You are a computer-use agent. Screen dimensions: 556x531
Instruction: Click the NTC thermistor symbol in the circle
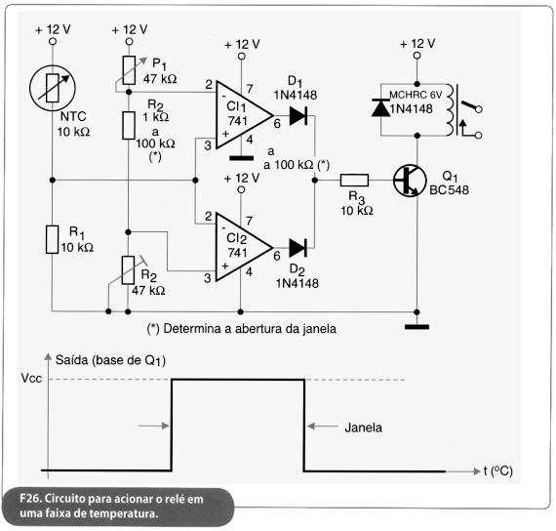click(x=53, y=88)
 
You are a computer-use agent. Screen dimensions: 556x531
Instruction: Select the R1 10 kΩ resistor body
click(x=52, y=239)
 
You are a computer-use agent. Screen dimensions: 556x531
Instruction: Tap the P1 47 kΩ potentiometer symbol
click(x=129, y=70)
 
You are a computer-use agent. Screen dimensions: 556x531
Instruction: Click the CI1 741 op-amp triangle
click(x=244, y=115)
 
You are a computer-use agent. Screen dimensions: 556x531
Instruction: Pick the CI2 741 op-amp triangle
click(x=244, y=247)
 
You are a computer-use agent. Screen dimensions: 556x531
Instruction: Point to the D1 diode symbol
click(x=298, y=116)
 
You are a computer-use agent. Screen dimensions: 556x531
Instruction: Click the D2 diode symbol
click(x=298, y=248)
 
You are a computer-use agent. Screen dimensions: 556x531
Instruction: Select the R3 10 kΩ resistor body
click(x=354, y=181)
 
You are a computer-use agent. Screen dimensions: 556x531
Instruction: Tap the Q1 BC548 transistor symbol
click(x=410, y=181)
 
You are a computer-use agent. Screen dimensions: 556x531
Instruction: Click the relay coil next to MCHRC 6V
click(x=450, y=109)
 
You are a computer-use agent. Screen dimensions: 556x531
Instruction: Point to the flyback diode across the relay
click(x=381, y=108)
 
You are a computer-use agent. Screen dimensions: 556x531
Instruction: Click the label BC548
click(x=449, y=190)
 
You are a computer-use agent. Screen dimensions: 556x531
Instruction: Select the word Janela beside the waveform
click(x=364, y=428)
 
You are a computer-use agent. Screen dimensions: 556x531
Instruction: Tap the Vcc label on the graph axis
click(x=31, y=379)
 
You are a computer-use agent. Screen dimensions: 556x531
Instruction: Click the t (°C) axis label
click(x=498, y=470)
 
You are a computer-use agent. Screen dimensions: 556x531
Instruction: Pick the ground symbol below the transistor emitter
click(x=417, y=327)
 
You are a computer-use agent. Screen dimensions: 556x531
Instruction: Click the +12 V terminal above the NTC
click(x=53, y=42)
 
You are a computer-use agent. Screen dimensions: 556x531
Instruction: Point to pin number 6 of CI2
click(x=277, y=256)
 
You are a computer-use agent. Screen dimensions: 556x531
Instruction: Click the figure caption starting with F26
click(x=112, y=507)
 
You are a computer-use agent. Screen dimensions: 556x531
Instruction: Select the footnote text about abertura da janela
click(x=242, y=329)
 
